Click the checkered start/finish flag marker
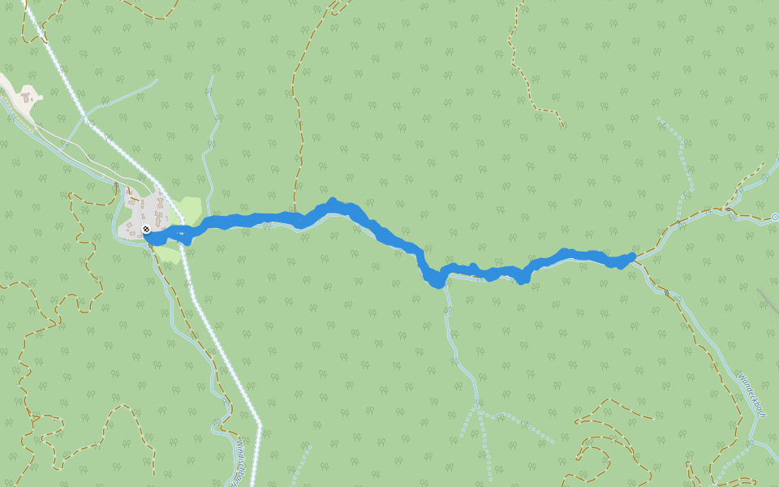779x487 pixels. pyautogui.click(x=145, y=230)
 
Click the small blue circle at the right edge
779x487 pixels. pyautogui.click(x=775, y=217)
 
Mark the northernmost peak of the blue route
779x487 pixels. pyautogui.click(x=332, y=201)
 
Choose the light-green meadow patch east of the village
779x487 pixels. pyautogui.click(x=189, y=209)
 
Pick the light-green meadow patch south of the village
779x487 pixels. pyautogui.click(x=168, y=254)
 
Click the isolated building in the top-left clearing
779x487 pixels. pyautogui.click(x=27, y=97)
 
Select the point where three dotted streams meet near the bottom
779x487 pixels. pyautogui.click(x=480, y=412)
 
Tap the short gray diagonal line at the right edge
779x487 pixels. pyautogui.click(x=767, y=302)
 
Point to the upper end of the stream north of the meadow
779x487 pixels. pyautogui.click(x=213, y=78)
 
